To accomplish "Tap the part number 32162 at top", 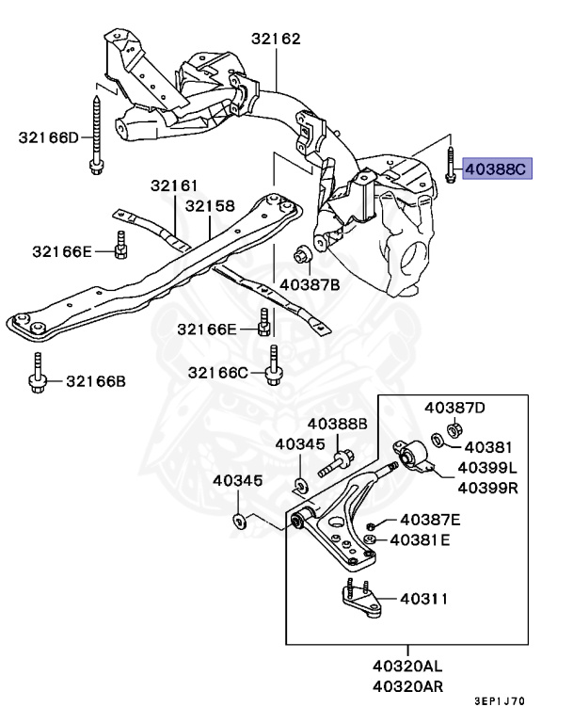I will (276, 40).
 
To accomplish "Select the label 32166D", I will (49, 137).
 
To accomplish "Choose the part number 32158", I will (210, 205).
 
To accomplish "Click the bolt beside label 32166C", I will (273, 367).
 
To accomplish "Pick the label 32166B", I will (95, 381).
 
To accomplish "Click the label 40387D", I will (454, 408).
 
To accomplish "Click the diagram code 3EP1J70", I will (500, 701).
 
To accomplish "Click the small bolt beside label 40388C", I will (451, 167).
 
